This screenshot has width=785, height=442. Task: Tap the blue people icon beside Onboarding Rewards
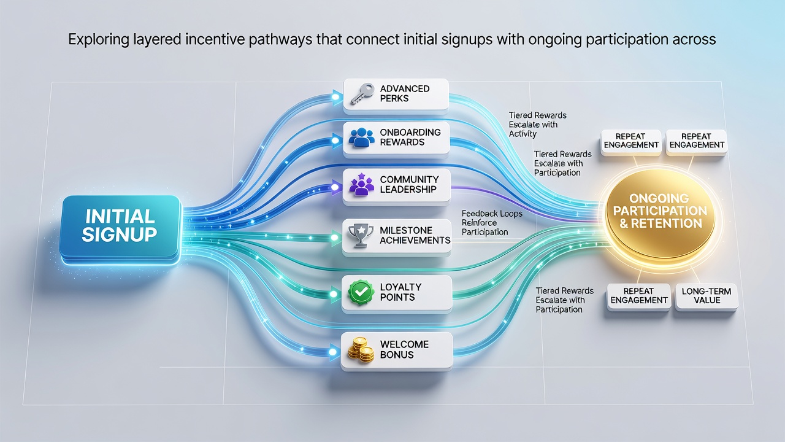(361, 137)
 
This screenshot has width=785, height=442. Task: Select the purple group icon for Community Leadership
(361, 185)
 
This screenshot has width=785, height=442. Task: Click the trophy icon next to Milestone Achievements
(361, 235)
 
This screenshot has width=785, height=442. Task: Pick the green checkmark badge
(361, 292)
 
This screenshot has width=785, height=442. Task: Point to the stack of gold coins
(361, 350)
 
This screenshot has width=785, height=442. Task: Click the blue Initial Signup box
(120, 227)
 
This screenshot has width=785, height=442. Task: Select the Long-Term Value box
(706, 296)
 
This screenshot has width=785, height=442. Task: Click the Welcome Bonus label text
(404, 349)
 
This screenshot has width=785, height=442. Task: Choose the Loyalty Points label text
(400, 292)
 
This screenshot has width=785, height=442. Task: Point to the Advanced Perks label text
(405, 93)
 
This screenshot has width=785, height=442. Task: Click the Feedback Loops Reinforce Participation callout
(492, 223)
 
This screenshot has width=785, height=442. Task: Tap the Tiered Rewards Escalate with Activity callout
(537, 125)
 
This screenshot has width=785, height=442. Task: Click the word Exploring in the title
(99, 40)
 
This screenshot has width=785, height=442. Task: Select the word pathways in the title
(280, 40)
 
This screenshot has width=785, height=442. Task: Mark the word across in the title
(694, 40)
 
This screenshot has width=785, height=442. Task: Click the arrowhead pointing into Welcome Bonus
(333, 352)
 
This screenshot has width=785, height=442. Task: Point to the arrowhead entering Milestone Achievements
(335, 238)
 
